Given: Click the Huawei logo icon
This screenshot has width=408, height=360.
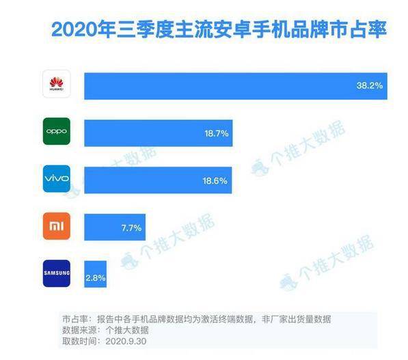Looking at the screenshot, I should pyautogui.click(x=57, y=85).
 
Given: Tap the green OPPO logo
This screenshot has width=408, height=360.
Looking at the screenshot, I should pyautogui.click(x=57, y=131).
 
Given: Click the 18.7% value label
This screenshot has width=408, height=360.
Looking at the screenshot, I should pyautogui.click(x=215, y=132).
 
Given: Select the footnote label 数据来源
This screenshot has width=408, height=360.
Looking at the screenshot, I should pyautogui.click(x=77, y=329).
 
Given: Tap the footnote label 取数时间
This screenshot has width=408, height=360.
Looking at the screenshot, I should pyautogui.click(x=77, y=340).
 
